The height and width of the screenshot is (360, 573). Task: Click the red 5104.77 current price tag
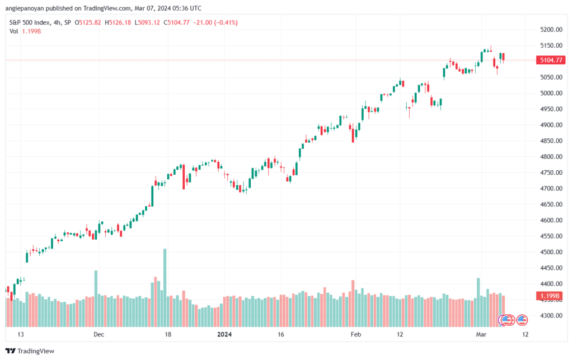551,60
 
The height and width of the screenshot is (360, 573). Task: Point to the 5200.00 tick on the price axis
551,30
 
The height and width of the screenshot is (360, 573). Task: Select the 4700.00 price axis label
551,189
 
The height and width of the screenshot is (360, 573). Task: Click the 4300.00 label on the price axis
551,315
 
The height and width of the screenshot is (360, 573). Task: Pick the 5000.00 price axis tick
551,93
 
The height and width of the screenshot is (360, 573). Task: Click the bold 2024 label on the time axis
224,334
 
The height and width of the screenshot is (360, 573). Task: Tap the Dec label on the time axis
98,334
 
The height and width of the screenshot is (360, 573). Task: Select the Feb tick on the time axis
355,334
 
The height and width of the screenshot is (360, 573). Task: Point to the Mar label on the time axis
481,334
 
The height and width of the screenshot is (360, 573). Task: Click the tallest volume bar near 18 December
165,288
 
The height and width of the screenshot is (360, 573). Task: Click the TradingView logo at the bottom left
30,351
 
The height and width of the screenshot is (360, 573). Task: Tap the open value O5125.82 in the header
88,22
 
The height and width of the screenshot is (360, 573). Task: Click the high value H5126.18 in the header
118,22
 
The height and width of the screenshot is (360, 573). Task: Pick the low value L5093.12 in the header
147,22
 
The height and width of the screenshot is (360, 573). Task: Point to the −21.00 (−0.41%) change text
215,22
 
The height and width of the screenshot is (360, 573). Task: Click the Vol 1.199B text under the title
25,31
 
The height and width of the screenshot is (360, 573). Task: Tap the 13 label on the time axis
21,334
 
